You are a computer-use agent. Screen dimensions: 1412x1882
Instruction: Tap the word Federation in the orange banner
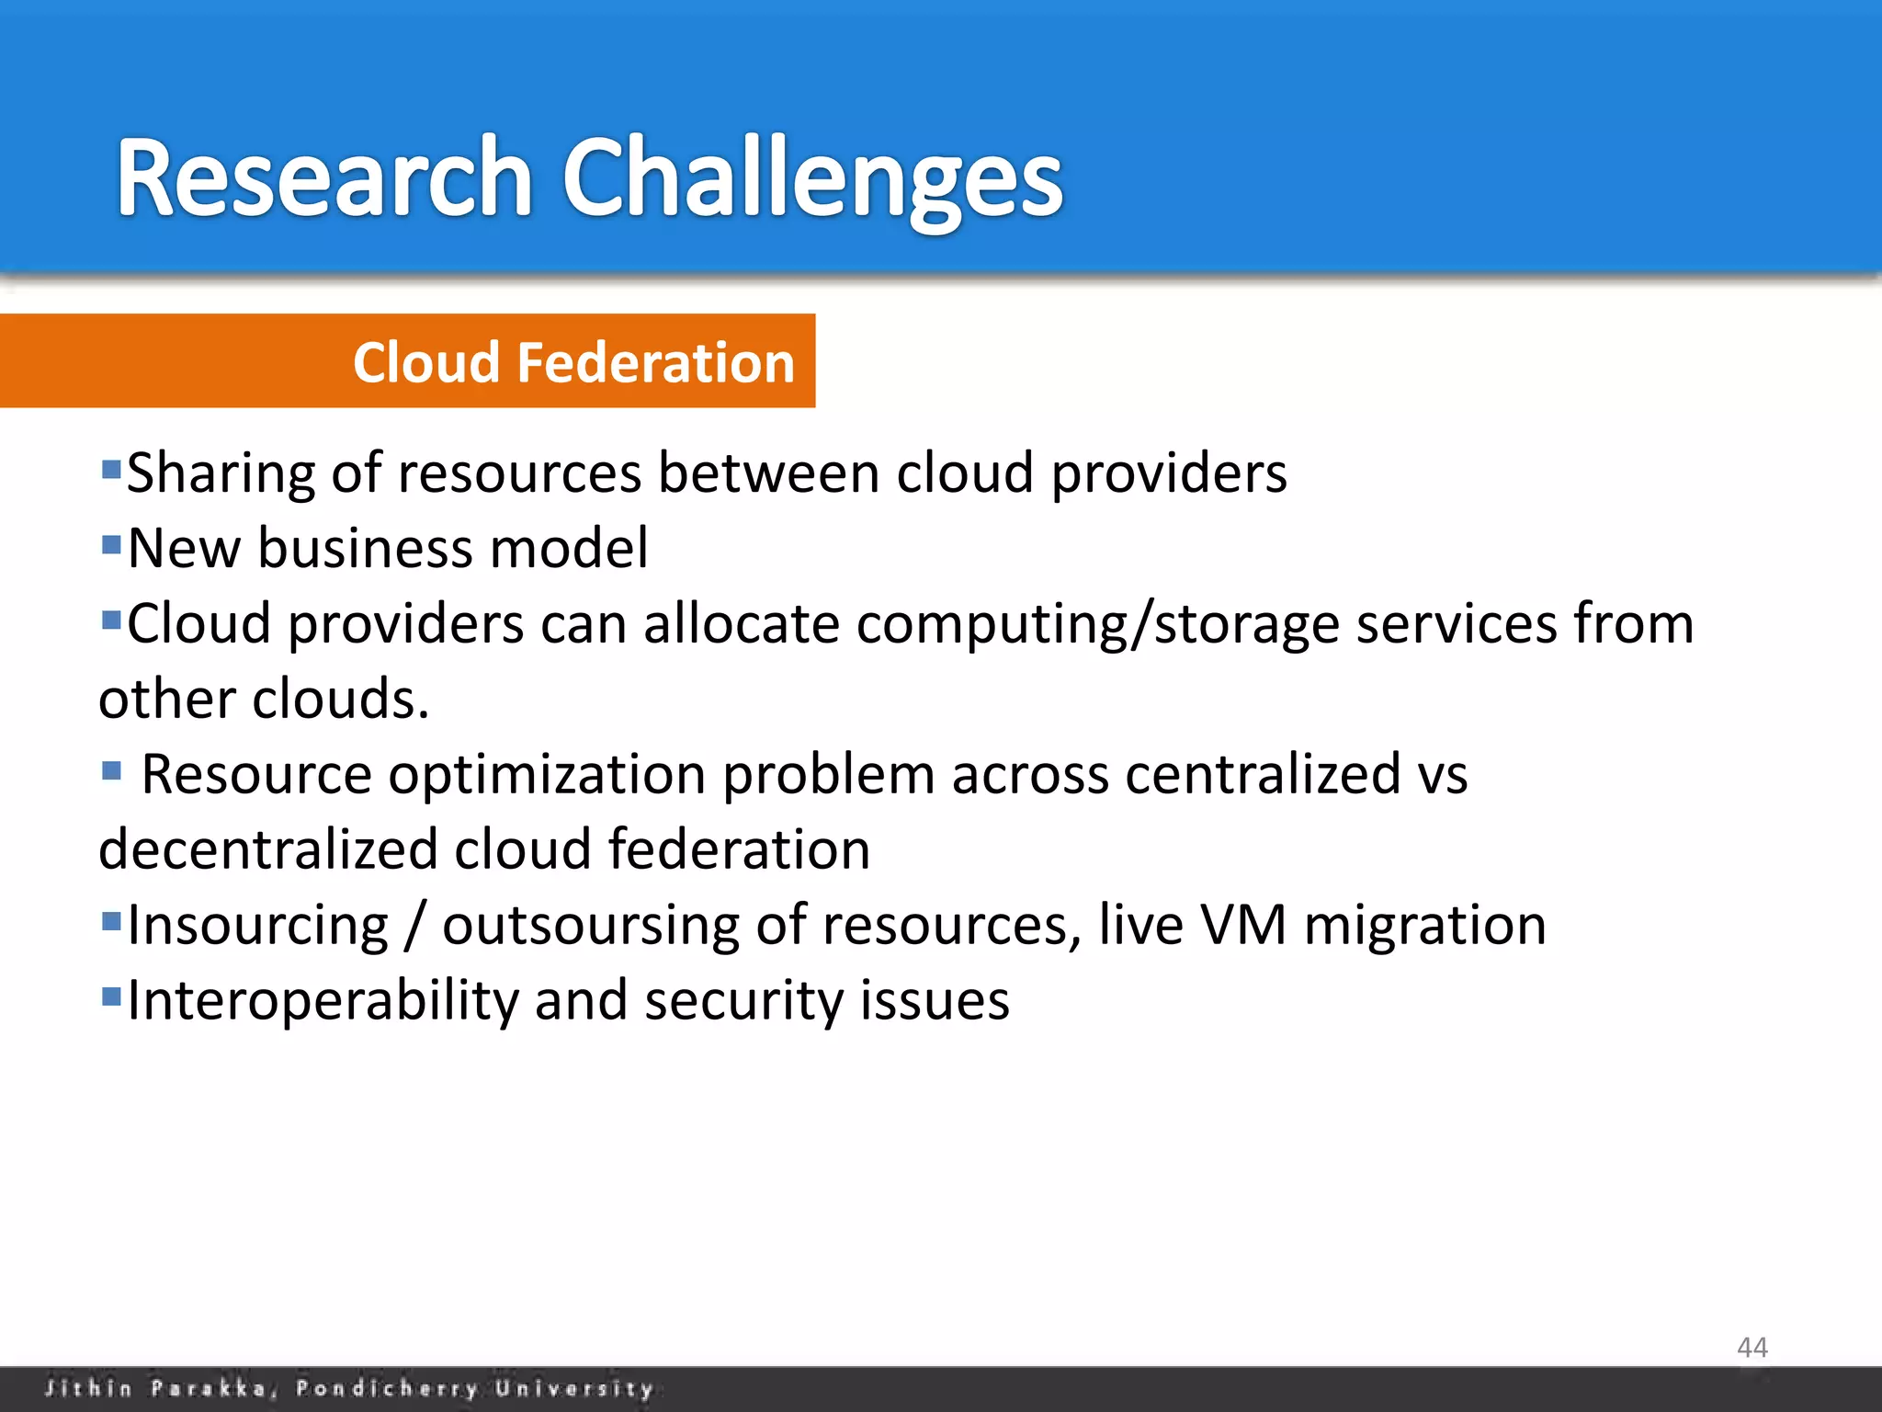[655, 362]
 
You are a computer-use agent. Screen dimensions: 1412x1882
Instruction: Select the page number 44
[1752, 1348]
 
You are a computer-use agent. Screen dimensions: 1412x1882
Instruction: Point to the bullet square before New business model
[111, 545]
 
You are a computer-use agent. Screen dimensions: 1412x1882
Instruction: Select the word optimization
[547, 775]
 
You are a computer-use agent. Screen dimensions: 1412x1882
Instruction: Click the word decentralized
[267, 849]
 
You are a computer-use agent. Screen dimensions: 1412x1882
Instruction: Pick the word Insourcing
[258, 926]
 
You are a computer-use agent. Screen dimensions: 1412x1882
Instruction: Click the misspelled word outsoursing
[590, 926]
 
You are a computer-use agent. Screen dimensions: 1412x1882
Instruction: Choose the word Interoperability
[323, 1001]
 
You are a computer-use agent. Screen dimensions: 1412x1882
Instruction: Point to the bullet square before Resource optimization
[111, 769]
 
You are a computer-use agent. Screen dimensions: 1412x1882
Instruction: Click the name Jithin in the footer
[88, 1388]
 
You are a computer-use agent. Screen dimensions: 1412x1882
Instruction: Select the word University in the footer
[574, 1388]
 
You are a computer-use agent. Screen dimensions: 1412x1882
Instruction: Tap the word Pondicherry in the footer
[386, 1388]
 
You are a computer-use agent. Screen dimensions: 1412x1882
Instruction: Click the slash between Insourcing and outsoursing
[414, 927]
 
